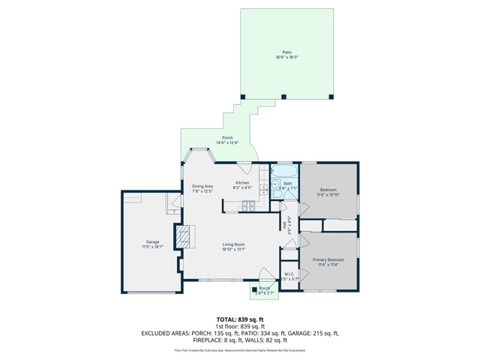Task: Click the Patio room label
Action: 286,53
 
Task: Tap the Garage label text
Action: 152,242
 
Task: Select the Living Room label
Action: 232,244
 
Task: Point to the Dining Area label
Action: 202,186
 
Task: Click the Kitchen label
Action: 242,182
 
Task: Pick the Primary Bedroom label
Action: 328,259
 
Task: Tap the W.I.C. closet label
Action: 289,274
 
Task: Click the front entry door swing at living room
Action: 262,274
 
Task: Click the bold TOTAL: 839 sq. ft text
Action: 239,319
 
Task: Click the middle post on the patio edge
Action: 283,95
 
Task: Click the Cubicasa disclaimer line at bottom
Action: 239,349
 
